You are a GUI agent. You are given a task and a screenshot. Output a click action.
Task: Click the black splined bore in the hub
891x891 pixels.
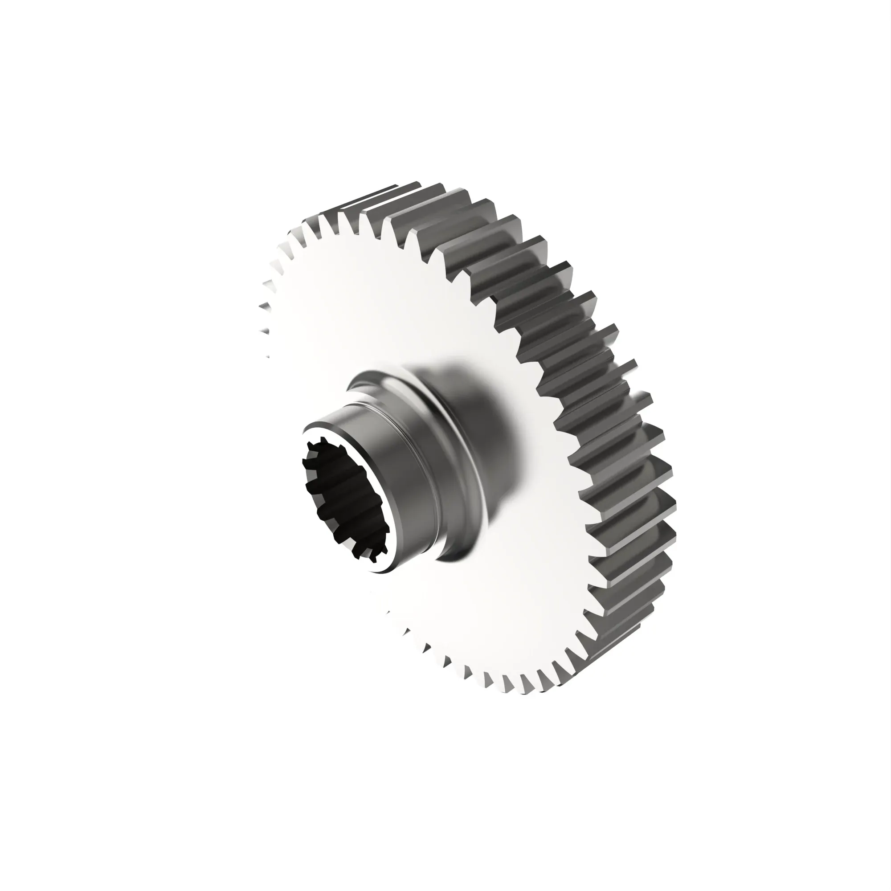343,498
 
